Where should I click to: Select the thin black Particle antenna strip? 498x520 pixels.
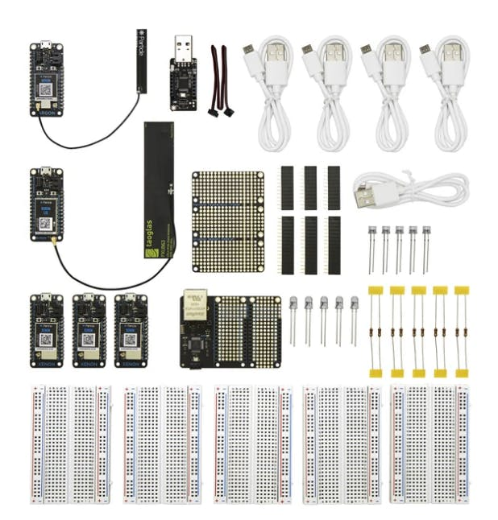click(141, 60)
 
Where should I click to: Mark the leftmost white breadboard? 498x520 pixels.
click(69, 443)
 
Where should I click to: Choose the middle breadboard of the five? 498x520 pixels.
click(251, 443)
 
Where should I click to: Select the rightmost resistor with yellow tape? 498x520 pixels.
click(461, 330)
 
